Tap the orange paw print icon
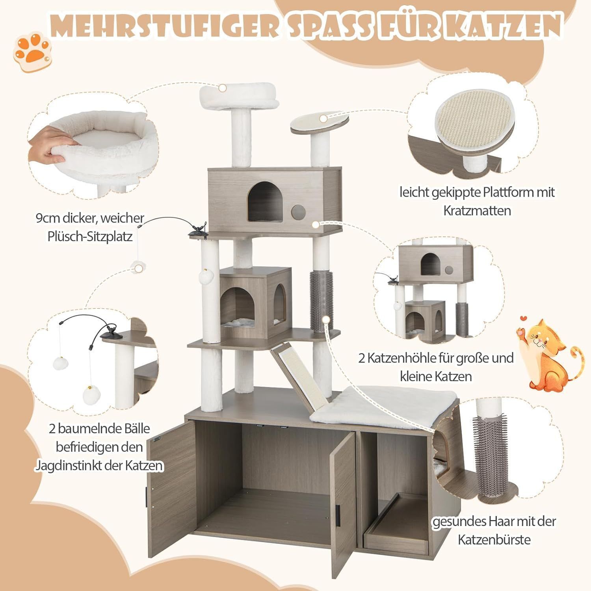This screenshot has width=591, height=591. click(x=32, y=51)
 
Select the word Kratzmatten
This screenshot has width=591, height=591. click(x=477, y=211)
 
